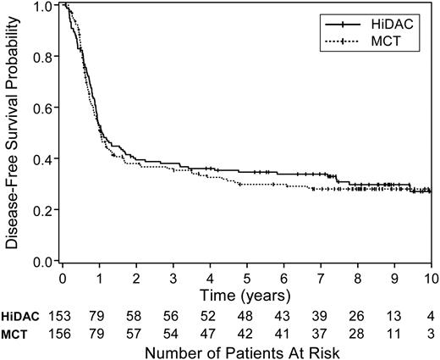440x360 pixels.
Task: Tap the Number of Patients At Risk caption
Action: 245,348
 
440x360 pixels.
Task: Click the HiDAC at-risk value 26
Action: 357,313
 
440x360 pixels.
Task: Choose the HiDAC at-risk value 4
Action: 430,313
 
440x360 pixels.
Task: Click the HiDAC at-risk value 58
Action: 137,313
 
